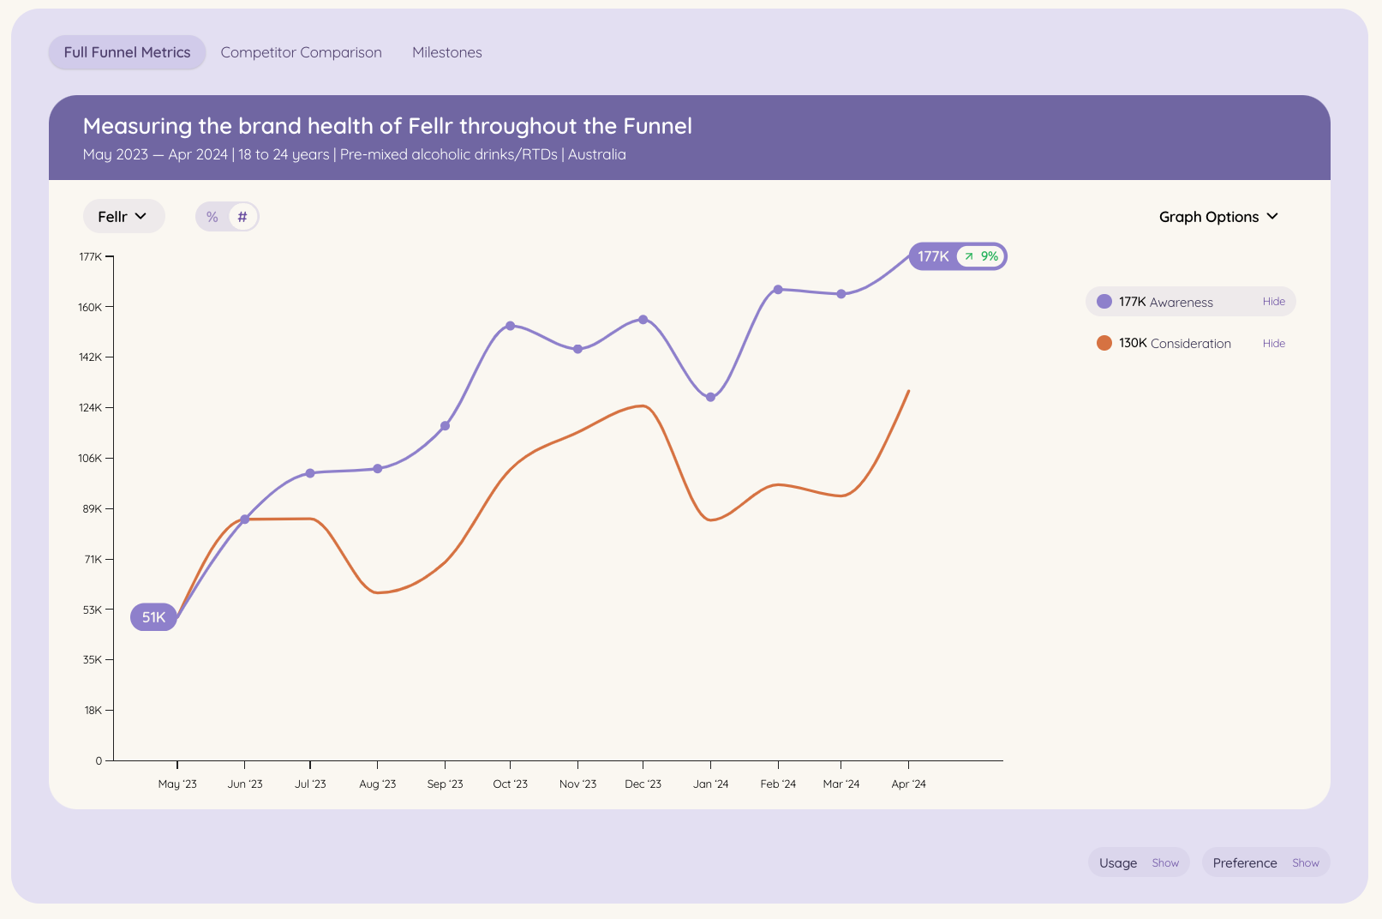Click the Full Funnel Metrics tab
tap(127, 52)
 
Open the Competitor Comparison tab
tap(301, 52)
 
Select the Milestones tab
tap(446, 52)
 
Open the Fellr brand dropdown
tap(123, 217)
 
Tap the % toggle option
tap(212, 217)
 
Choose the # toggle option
tap(242, 217)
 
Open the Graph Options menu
tap(1217, 217)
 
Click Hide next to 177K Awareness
tap(1273, 302)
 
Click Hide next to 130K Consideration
tap(1273, 344)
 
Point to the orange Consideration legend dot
tap(1104, 343)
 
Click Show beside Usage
tap(1164, 863)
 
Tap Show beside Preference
tap(1305, 863)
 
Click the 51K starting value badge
tap(153, 617)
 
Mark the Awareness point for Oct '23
tap(510, 326)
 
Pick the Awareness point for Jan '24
tap(710, 397)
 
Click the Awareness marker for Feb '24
tap(778, 290)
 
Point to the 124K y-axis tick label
tap(90, 407)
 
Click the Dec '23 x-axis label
tap(643, 784)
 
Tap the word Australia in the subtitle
tap(596, 154)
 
